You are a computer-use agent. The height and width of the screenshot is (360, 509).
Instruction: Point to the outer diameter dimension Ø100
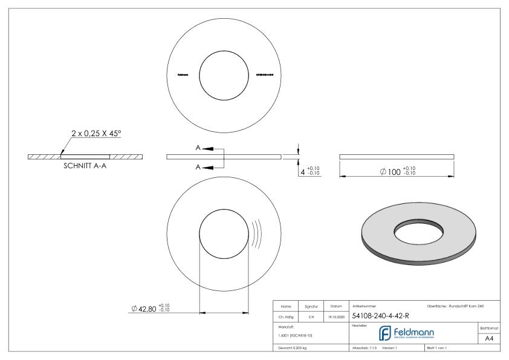tap(397, 171)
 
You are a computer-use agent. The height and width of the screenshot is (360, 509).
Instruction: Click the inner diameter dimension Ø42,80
tap(151, 309)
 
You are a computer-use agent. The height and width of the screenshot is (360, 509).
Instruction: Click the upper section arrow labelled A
tap(204, 148)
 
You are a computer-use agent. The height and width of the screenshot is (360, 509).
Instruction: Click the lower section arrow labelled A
tap(204, 166)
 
